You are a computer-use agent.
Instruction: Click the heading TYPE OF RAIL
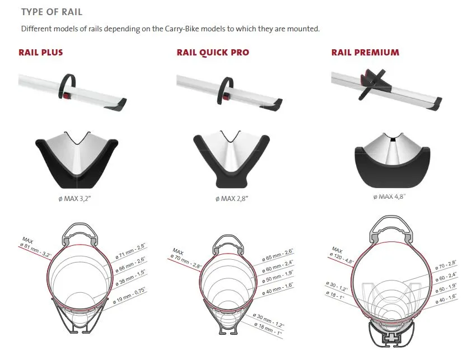(x=52, y=12)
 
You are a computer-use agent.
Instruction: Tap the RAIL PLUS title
(x=41, y=52)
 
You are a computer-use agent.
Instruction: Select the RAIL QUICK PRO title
(x=213, y=53)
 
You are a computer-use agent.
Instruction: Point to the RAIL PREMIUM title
(x=365, y=52)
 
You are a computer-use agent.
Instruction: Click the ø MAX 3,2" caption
(x=74, y=199)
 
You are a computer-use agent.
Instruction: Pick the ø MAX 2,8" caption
(x=232, y=199)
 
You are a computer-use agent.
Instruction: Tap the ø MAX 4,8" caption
(x=390, y=197)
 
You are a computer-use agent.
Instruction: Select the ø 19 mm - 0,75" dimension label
(x=129, y=296)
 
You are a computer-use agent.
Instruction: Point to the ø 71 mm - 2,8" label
(x=130, y=251)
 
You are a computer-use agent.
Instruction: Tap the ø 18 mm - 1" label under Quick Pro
(x=268, y=330)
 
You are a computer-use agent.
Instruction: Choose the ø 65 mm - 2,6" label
(x=277, y=255)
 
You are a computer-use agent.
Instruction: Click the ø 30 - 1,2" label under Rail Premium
(x=337, y=286)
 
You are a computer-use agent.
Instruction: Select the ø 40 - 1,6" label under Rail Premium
(x=446, y=299)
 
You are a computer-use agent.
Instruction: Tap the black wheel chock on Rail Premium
(x=372, y=82)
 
